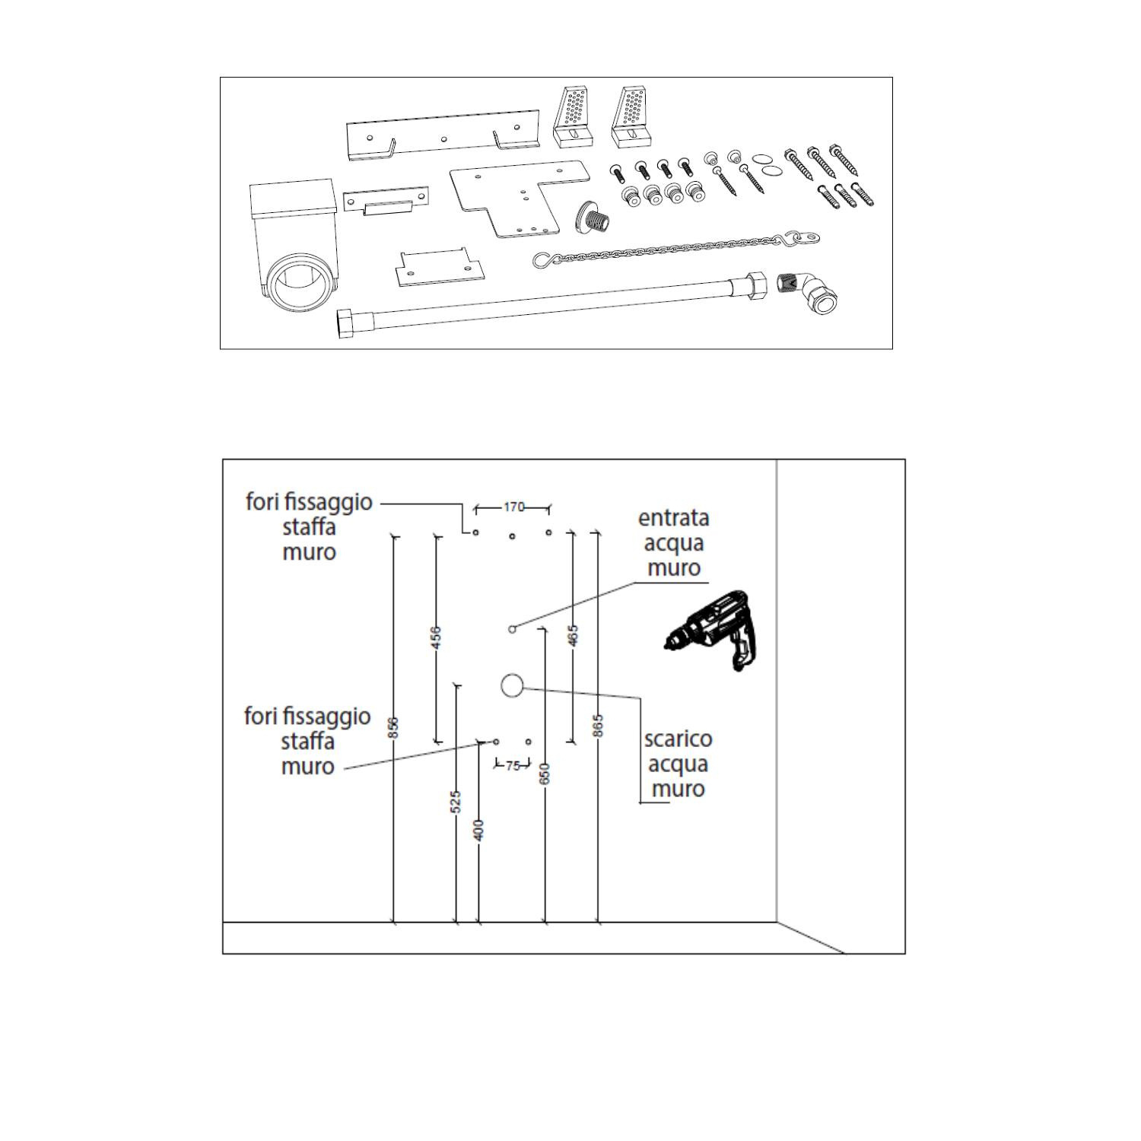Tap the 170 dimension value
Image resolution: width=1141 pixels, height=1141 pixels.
coord(514,507)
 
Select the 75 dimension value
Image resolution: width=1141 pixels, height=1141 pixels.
coord(513,766)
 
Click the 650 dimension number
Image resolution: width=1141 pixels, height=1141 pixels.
coord(544,774)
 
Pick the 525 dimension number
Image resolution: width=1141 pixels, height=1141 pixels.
coord(456,802)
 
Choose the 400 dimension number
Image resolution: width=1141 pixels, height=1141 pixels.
coord(478,829)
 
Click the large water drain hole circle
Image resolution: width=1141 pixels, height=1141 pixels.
coord(512,685)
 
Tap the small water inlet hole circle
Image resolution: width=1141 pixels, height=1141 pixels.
coord(512,629)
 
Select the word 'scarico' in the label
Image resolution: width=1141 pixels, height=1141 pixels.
coord(678,739)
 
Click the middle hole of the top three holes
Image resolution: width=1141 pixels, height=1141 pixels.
coord(512,536)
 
